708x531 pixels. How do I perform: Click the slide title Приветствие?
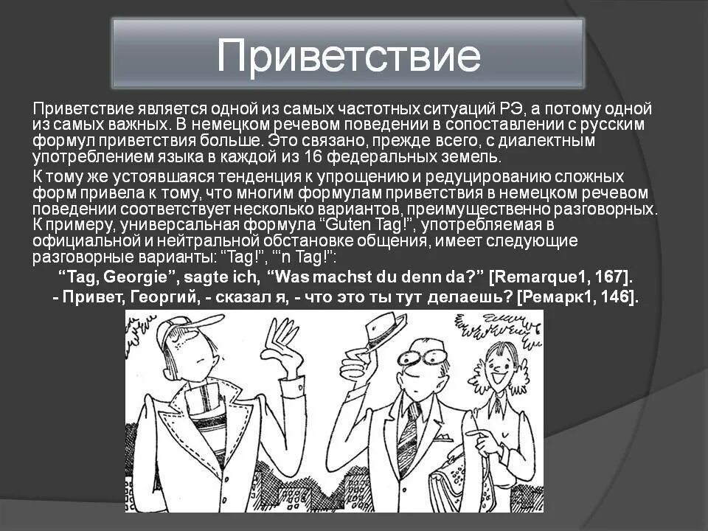point(348,55)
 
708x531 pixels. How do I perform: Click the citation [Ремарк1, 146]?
point(578,296)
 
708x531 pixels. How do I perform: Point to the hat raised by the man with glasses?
point(375,332)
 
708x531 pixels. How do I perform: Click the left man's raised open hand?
point(283,347)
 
